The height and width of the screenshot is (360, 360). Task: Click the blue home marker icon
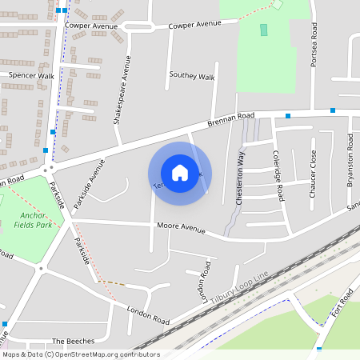tap(180, 172)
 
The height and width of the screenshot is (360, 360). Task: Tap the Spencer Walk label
tap(30, 75)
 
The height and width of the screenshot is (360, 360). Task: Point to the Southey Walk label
tap(192, 77)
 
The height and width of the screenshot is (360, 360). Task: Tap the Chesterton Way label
tap(240, 179)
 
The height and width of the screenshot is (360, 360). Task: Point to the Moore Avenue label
tap(181, 227)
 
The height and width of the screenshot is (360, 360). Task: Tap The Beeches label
tap(73, 341)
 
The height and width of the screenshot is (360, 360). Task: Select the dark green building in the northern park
tap(264, 30)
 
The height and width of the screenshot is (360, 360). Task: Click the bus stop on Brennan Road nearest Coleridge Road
tap(288, 116)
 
